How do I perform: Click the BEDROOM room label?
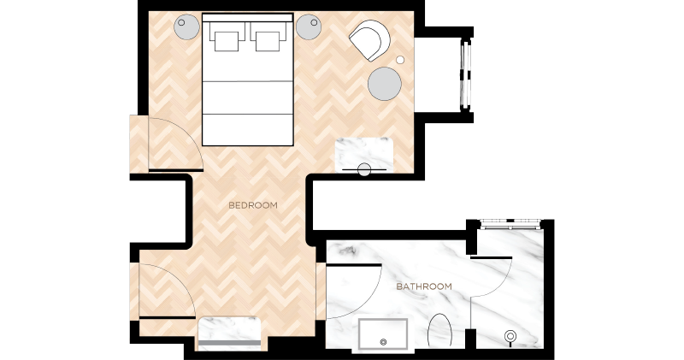[x=253, y=205]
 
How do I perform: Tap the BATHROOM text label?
[x=424, y=286]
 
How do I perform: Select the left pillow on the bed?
[x=226, y=41]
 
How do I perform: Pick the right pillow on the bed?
[x=268, y=41]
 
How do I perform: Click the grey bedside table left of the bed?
[x=187, y=27]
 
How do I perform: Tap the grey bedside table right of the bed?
[x=309, y=27]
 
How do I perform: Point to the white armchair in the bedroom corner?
[x=369, y=40]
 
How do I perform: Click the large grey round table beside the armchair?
[x=384, y=84]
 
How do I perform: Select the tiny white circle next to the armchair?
[x=400, y=60]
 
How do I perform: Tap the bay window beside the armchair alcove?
[x=466, y=74]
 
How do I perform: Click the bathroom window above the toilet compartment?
[x=510, y=224]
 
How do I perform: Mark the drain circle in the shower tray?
[x=384, y=342]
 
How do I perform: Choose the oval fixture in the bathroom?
[x=439, y=330]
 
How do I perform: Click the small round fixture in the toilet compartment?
[x=510, y=336]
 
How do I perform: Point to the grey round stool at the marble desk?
[x=364, y=170]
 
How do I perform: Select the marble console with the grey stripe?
[x=230, y=333]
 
